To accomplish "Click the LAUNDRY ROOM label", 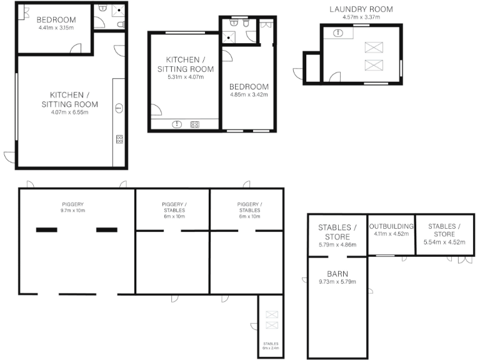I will pos(361,9).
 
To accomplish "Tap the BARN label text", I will pos(337,273).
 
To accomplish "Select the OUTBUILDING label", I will pos(391,226).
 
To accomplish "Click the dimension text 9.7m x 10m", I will pos(72,211).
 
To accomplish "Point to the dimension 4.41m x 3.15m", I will pos(56,27).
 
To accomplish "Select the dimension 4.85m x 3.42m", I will pos(248,95).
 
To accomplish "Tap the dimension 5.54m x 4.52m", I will pos(444,242).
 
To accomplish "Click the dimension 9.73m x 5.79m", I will pos(337,282).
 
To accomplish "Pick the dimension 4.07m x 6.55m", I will pos(69,112).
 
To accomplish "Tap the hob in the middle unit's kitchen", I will pos(194,124).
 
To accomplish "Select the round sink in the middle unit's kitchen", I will pos(177,124).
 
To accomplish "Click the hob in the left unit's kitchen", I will pos(119,139).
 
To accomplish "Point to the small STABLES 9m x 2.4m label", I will pos(271,346).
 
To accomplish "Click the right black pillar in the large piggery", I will pos(106,230).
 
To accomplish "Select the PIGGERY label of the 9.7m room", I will pos(72,204).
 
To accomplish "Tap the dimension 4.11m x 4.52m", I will pos(391,234).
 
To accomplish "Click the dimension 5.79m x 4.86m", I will pos(337,244).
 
